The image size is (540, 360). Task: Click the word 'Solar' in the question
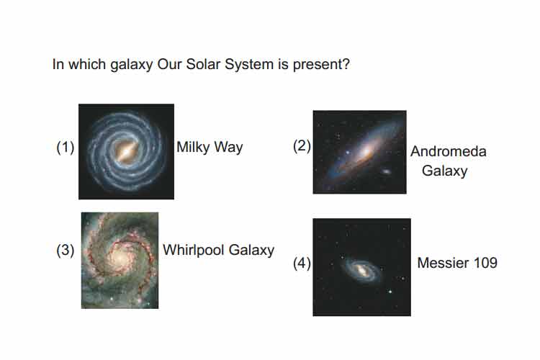[x=204, y=64]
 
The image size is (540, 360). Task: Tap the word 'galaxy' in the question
[x=132, y=65]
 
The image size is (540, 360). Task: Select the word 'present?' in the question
[x=321, y=65]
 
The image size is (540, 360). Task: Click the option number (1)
[x=65, y=148]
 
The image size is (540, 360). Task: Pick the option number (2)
[x=302, y=145]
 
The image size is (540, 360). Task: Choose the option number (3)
[x=65, y=250]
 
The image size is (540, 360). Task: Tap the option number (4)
[x=302, y=264]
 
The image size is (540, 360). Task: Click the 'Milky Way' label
[x=210, y=148]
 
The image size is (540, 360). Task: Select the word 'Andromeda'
[x=449, y=152]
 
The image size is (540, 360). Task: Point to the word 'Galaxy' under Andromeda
[x=445, y=171]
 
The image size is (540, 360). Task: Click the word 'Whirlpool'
[x=194, y=251]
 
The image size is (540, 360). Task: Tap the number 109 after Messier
[x=485, y=264]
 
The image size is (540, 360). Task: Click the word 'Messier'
[x=444, y=264]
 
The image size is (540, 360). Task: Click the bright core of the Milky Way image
[x=127, y=151]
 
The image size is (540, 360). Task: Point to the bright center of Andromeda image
[x=365, y=151]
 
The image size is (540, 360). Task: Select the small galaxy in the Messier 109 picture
[x=361, y=270]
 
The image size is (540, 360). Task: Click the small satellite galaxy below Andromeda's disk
[x=386, y=171]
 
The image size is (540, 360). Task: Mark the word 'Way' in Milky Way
[x=228, y=148]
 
